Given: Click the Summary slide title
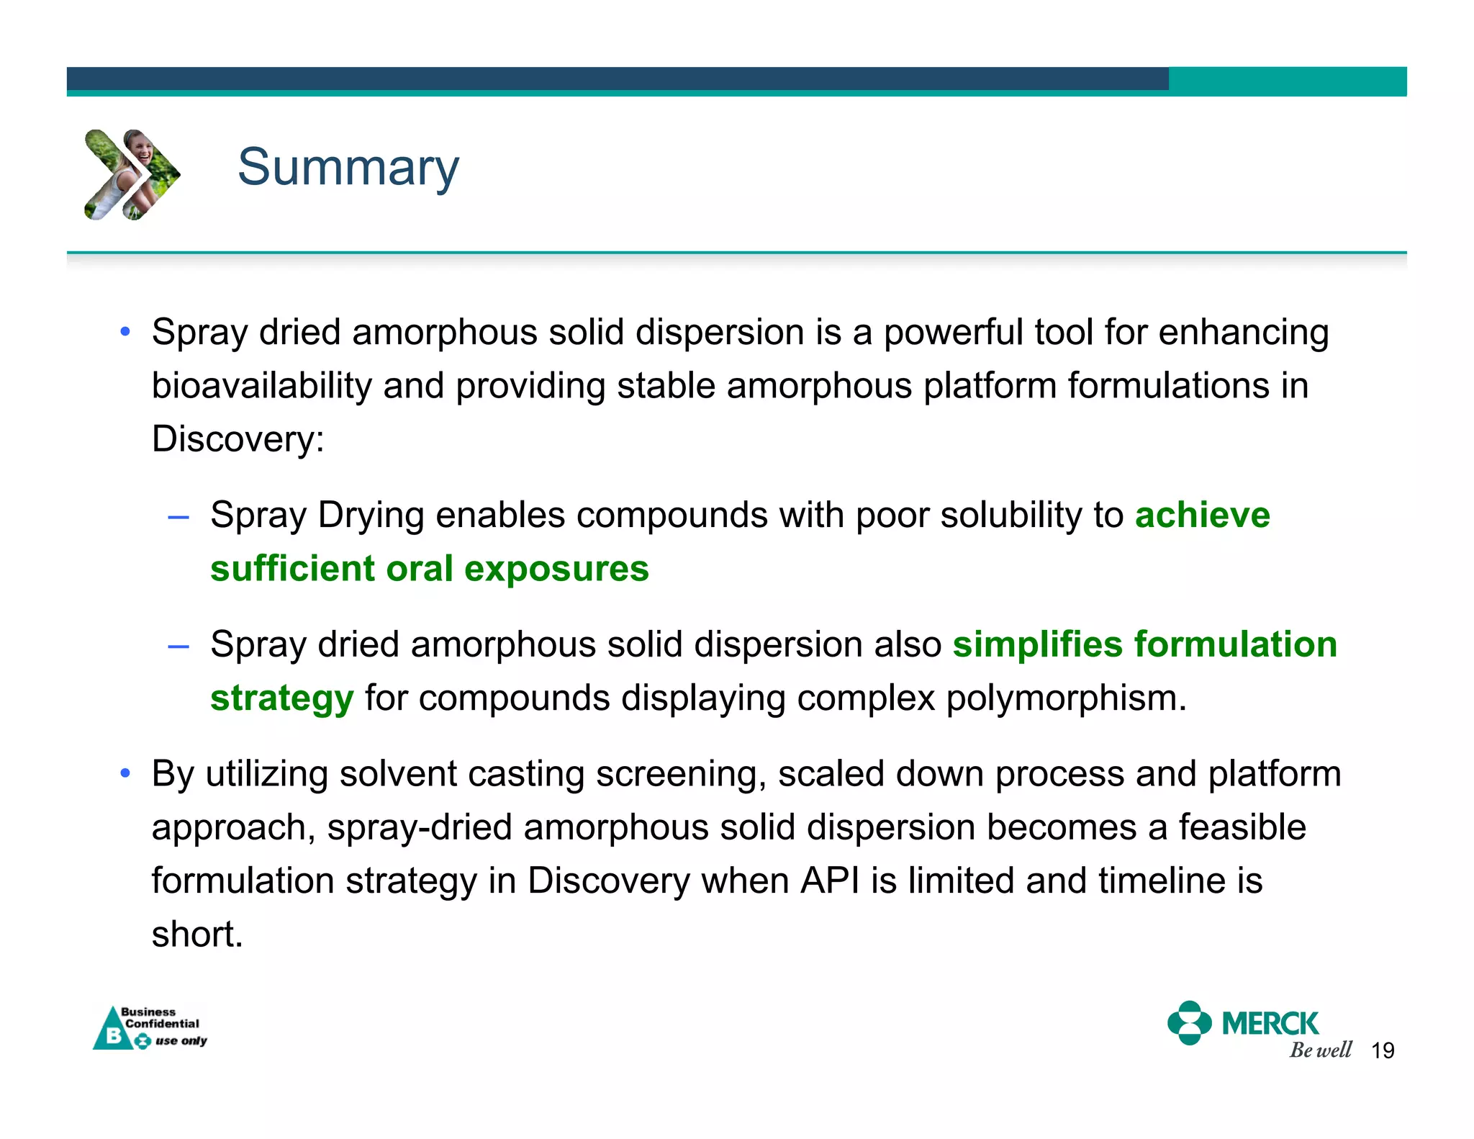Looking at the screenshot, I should click(x=348, y=167).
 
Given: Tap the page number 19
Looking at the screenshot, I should click(x=1383, y=1050).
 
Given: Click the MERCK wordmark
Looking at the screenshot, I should click(x=1270, y=1023).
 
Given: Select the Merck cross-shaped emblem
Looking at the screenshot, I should click(x=1189, y=1022).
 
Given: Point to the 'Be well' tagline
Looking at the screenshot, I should click(x=1320, y=1050).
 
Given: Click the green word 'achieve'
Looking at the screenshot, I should click(x=1202, y=516).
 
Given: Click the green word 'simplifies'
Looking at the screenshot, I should click(x=1037, y=644).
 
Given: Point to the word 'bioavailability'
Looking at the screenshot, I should click(x=261, y=386).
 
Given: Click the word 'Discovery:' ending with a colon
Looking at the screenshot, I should click(x=238, y=439).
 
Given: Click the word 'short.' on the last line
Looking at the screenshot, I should click(x=197, y=935).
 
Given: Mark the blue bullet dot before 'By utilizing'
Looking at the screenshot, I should click(x=125, y=774).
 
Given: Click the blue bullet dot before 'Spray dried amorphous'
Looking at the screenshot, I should click(x=125, y=333).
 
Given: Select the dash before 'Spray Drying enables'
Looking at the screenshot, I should click(x=178, y=517).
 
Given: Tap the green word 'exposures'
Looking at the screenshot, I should click(x=556, y=569).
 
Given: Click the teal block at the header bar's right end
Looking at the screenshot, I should click(x=1287, y=81).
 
